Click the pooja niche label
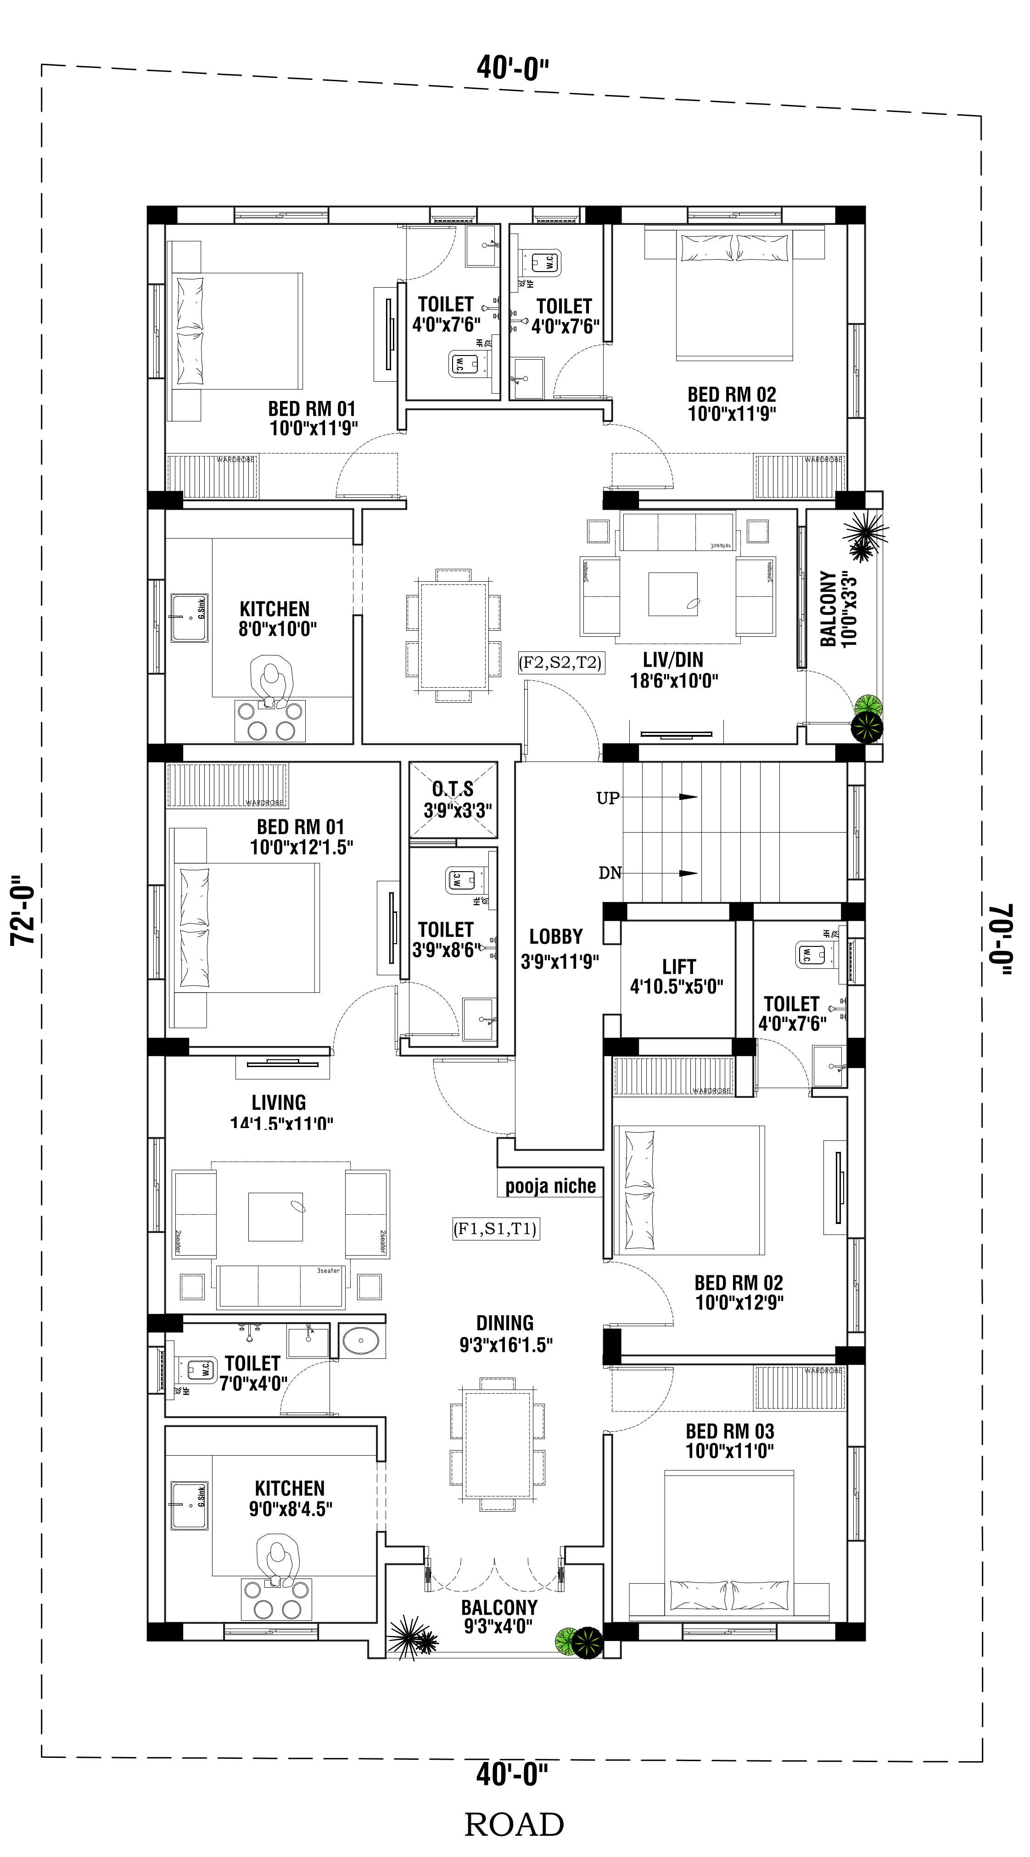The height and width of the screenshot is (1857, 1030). coord(550,1186)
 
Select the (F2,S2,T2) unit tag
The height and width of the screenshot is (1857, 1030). coord(560,662)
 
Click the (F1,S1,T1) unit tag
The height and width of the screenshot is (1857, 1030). coord(496,1229)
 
